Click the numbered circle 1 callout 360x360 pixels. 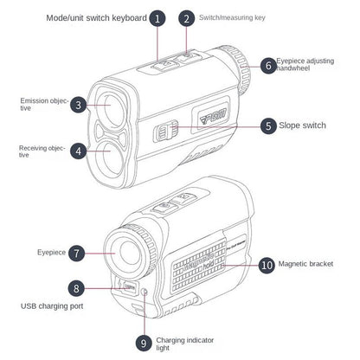(157, 17)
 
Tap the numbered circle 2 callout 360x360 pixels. (188, 17)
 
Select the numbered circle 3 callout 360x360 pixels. (78, 106)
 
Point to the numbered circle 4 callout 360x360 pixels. (78, 151)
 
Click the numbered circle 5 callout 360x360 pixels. (269, 125)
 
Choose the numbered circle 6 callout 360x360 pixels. (269, 65)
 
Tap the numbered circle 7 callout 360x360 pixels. (77, 254)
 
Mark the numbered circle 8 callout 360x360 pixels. (77, 289)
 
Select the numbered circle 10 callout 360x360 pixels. (267, 264)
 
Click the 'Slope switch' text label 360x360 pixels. (302, 125)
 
